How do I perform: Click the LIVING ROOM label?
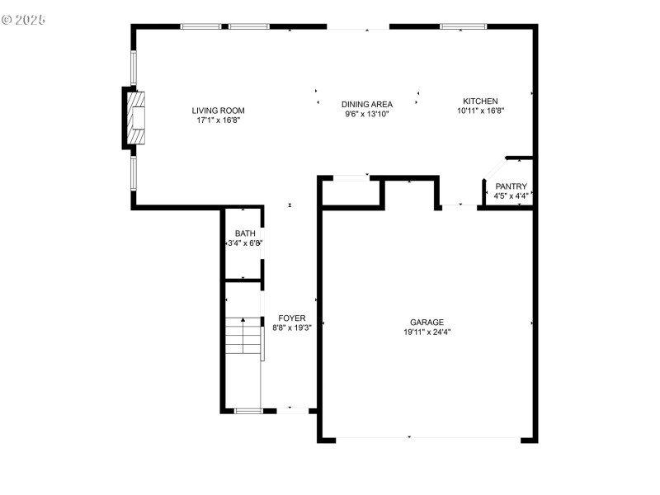218,111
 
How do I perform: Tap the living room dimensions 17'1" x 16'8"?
218,120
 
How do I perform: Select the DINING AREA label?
367,104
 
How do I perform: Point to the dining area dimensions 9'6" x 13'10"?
367,114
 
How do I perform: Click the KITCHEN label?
480,101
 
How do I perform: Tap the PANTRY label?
511,186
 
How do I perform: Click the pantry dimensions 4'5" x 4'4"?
511,196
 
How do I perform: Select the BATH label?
245,233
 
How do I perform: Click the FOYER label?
291,318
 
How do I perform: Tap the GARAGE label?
427,323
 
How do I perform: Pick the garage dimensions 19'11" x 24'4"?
427,332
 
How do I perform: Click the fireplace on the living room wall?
135,118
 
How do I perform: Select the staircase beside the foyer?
243,337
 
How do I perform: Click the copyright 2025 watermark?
24,18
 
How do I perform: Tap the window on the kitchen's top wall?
462,26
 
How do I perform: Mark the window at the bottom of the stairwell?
247,410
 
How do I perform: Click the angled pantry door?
494,167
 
